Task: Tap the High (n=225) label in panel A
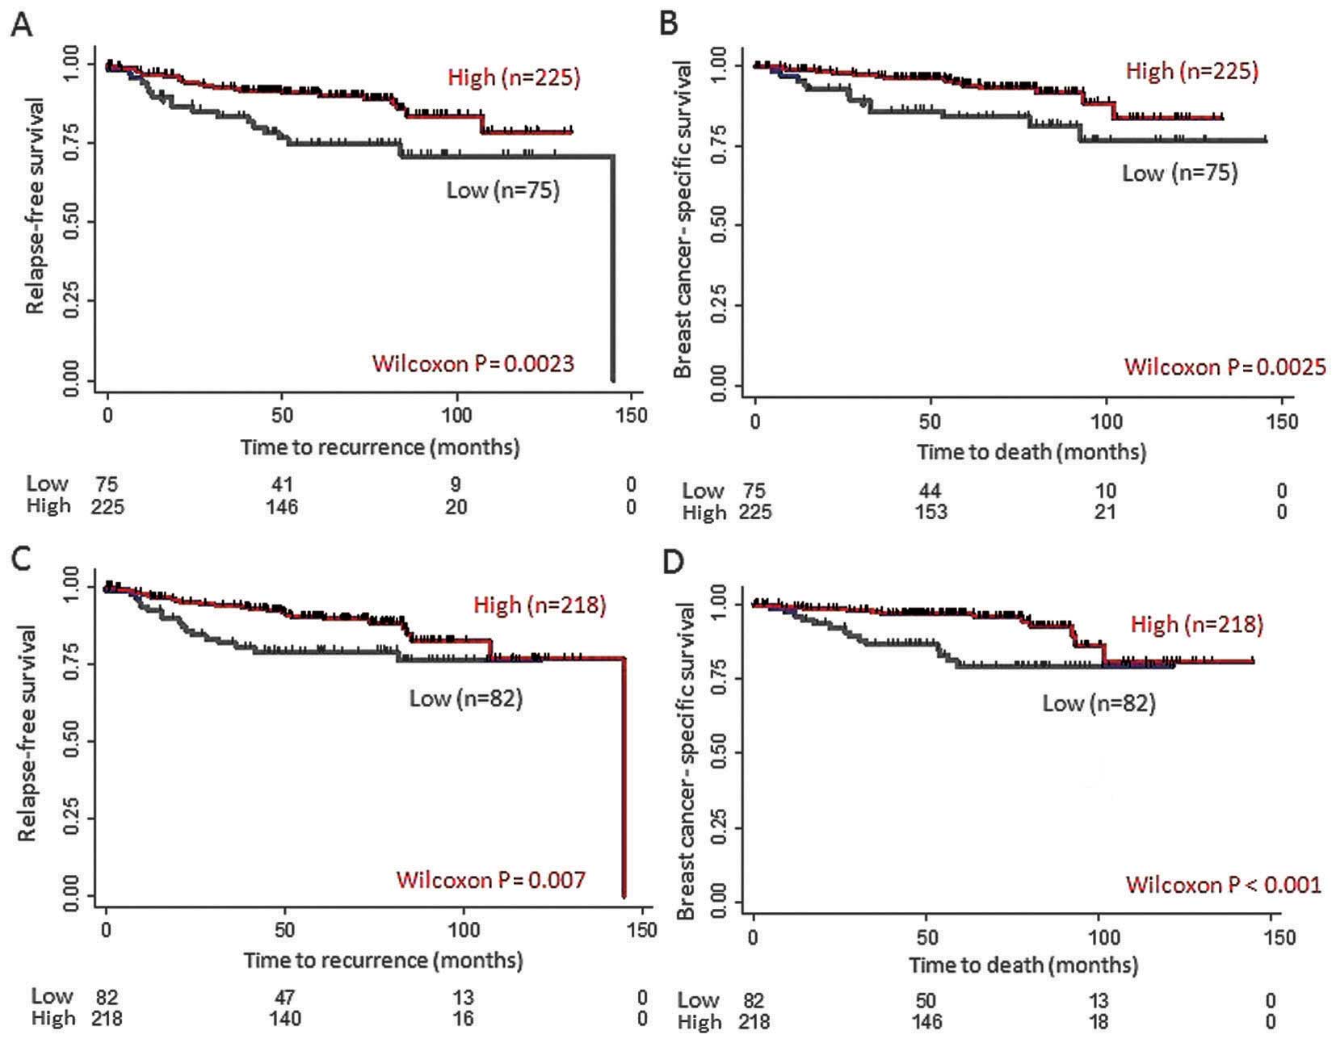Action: click(514, 77)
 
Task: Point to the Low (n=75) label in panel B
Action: click(1179, 173)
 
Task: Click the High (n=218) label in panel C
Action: click(540, 605)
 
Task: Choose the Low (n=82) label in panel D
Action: click(1099, 703)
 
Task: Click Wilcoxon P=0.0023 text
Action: click(473, 363)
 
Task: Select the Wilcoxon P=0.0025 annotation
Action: click(1225, 367)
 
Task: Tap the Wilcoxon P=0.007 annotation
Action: click(490, 879)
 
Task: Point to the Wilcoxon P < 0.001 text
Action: click(1223, 885)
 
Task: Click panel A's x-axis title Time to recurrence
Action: click(380, 446)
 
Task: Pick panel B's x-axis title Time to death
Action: click(1031, 451)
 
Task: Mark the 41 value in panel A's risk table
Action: click(282, 484)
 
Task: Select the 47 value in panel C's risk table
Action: click(284, 997)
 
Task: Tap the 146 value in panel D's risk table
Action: click(926, 1022)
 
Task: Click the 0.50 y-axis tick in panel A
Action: click(72, 222)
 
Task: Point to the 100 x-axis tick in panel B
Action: click(1106, 421)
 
